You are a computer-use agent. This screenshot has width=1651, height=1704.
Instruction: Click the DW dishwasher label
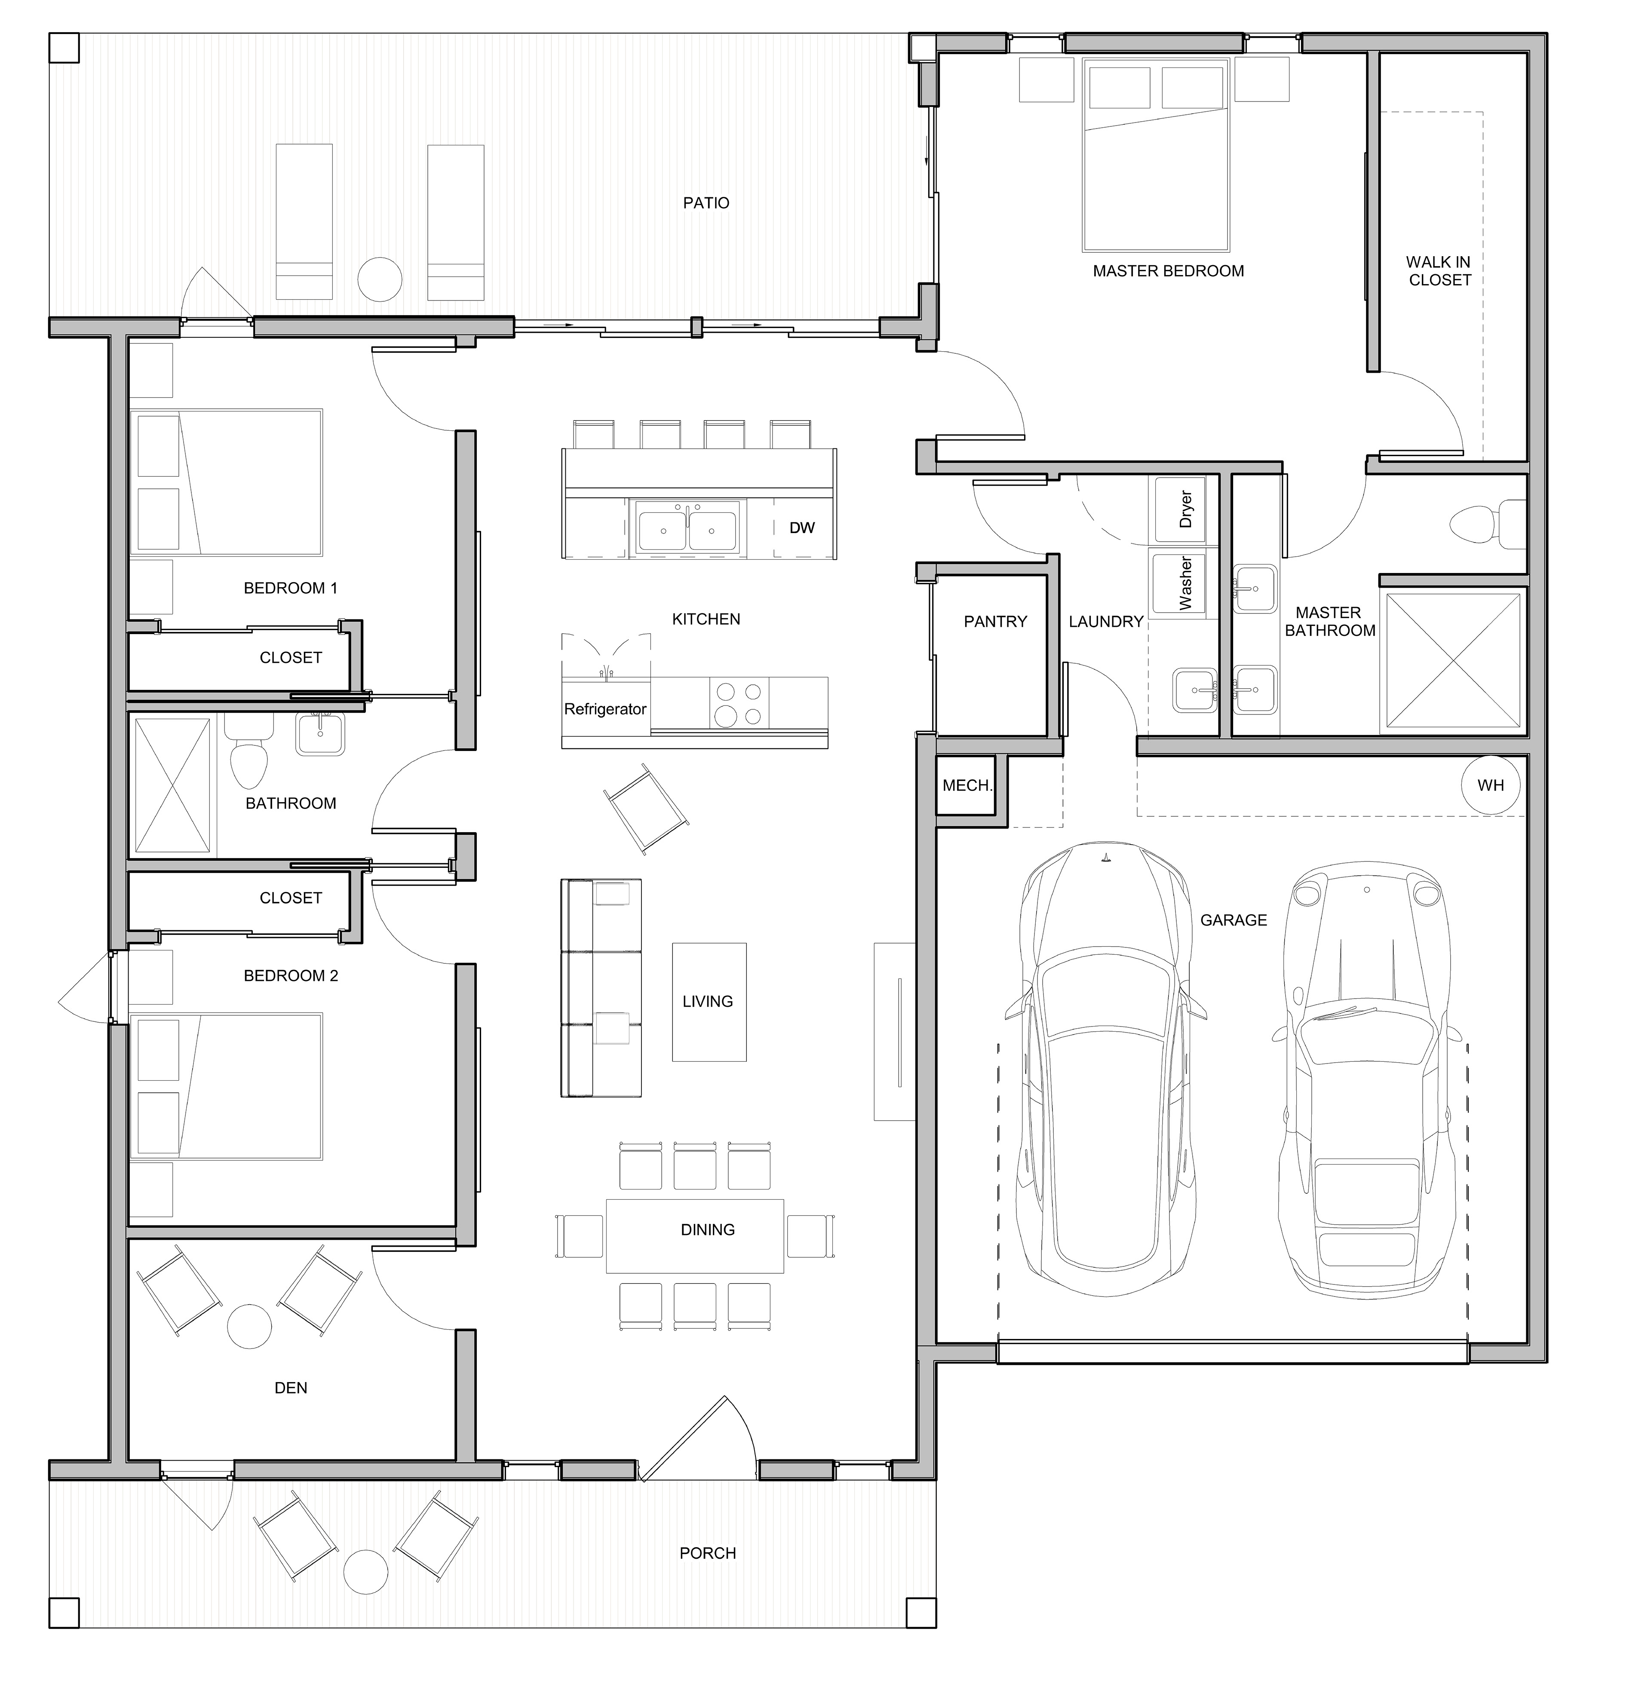click(x=801, y=528)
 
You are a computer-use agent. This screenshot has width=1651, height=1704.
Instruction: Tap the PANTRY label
click(x=995, y=622)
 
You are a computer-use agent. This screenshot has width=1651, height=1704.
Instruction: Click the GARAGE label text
click(x=1234, y=920)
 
